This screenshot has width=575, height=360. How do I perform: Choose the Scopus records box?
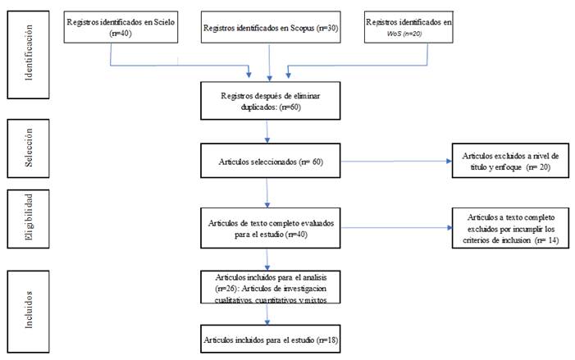[271, 27]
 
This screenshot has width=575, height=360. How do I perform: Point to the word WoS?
[395, 33]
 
